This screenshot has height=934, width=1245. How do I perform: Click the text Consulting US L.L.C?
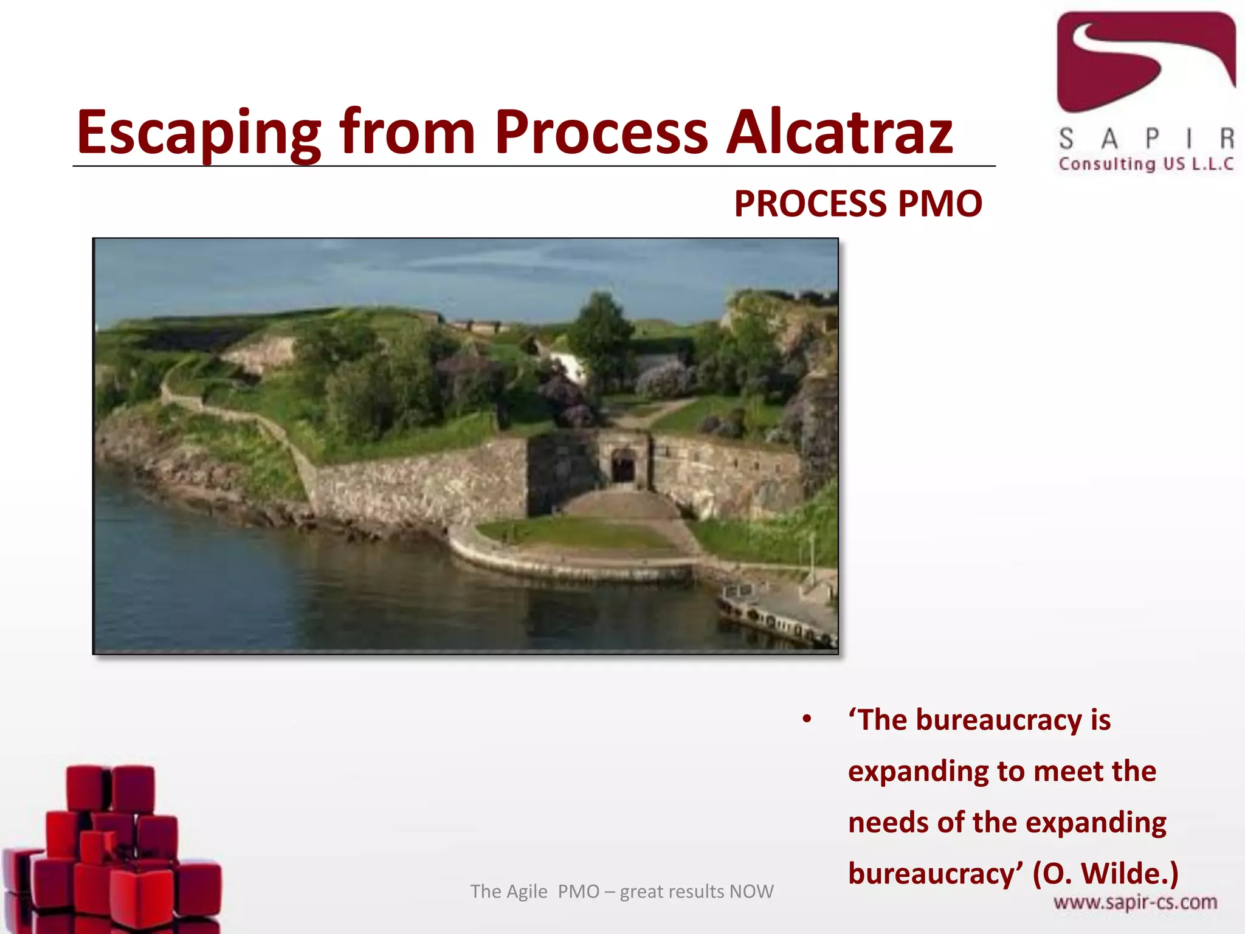[x=1146, y=164]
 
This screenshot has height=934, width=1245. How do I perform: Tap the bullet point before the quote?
[x=807, y=720]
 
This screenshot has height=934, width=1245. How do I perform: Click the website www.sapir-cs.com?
[x=1135, y=902]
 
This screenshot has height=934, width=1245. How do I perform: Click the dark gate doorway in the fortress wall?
[x=622, y=467]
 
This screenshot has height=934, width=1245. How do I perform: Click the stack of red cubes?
[x=112, y=851]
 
